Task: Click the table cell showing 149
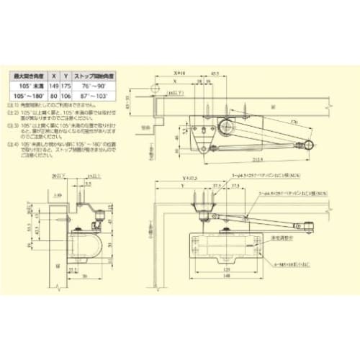pyautogui.click(x=57, y=84)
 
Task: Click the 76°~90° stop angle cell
pyautogui.click(x=98, y=84)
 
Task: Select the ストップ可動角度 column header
pyautogui.click(x=98, y=75)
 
